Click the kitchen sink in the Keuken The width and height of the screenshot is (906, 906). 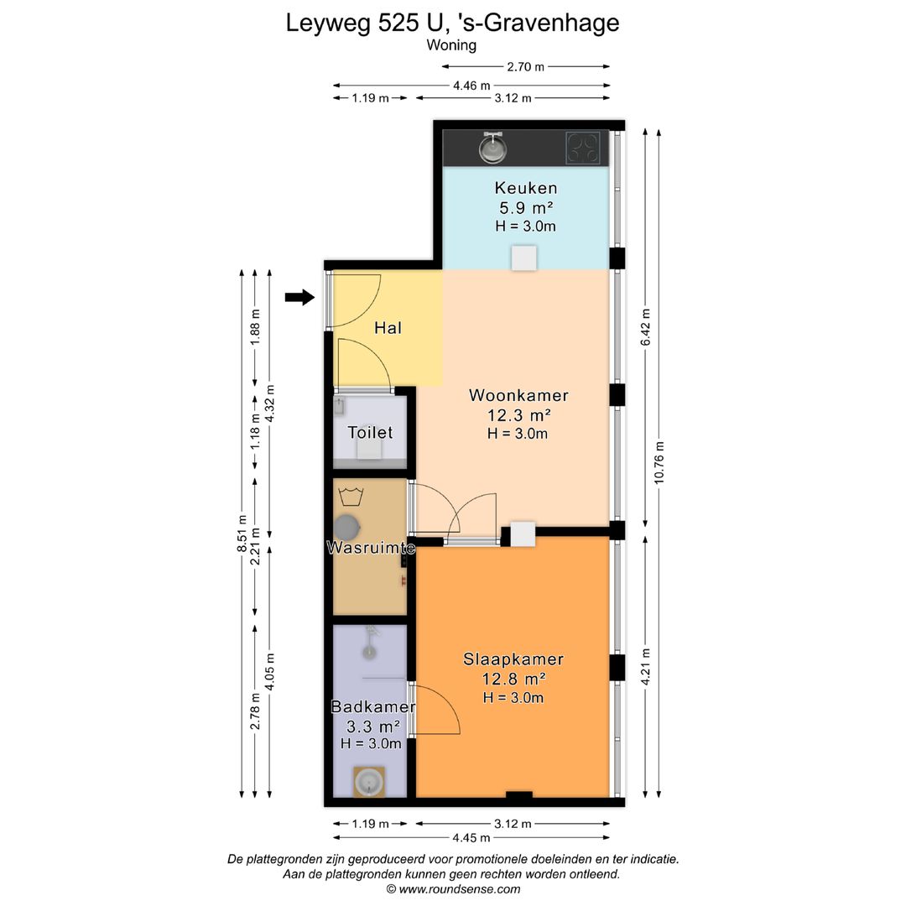pyautogui.click(x=492, y=148)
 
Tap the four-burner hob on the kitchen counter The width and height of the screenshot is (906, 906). pyautogui.click(x=582, y=148)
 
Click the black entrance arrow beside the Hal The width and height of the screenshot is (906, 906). pyautogui.click(x=299, y=298)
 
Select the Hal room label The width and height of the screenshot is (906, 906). pyautogui.click(x=388, y=328)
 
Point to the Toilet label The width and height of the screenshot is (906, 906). pyautogui.click(x=371, y=432)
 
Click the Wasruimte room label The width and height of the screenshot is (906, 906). pyautogui.click(x=371, y=548)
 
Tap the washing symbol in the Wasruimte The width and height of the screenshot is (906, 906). pyautogui.click(x=351, y=496)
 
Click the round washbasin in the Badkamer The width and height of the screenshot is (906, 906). pyautogui.click(x=368, y=783)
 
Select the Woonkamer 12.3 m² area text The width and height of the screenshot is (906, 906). pyautogui.click(x=519, y=415)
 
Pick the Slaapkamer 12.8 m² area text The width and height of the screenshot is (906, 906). pyautogui.click(x=514, y=678)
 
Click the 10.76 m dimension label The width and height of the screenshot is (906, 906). pyautogui.click(x=659, y=462)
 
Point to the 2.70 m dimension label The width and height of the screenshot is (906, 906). pyautogui.click(x=526, y=66)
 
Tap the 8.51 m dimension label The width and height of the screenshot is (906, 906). pyautogui.click(x=242, y=534)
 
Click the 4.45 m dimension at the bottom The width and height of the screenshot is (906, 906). pyautogui.click(x=471, y=838)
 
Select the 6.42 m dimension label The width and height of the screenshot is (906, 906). pyautogui.click(x=646, y=327)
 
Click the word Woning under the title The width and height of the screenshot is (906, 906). pyautogui.click(x=452, y=45)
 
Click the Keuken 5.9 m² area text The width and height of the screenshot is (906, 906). pyautogui.click(x=526, y=207)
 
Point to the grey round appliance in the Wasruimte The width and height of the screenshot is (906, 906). pyautogui.click(x=347, y=528)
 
